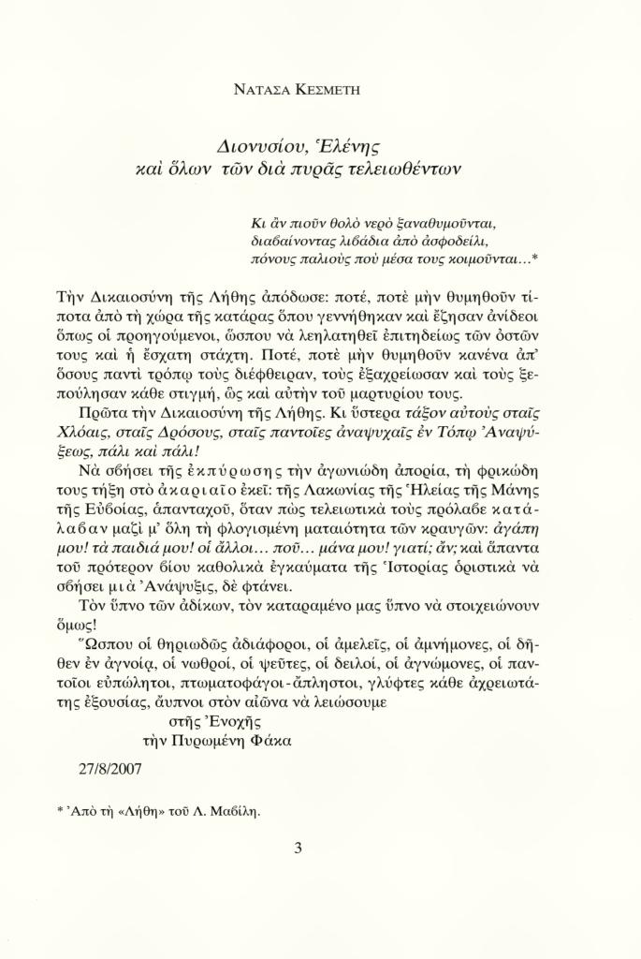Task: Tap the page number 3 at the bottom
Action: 298,849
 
